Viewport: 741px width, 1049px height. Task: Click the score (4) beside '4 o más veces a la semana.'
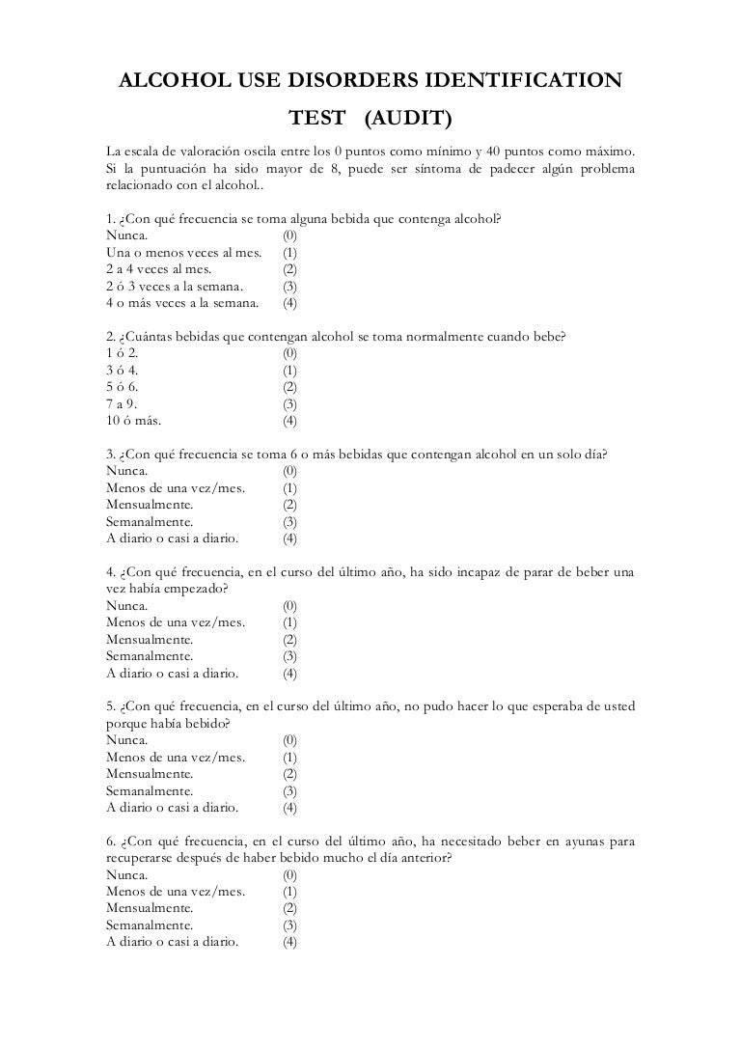(289, 304)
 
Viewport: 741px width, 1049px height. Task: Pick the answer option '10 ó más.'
(133, 422)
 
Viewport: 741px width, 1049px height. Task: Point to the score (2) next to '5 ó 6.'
(289, 387)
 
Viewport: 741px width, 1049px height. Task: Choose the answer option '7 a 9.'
(123, 404)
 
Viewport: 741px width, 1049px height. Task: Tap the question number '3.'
(111, 455)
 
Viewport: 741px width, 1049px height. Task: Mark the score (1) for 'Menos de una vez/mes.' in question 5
(289, 758)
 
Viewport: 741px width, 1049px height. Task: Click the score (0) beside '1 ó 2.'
(289, 352)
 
